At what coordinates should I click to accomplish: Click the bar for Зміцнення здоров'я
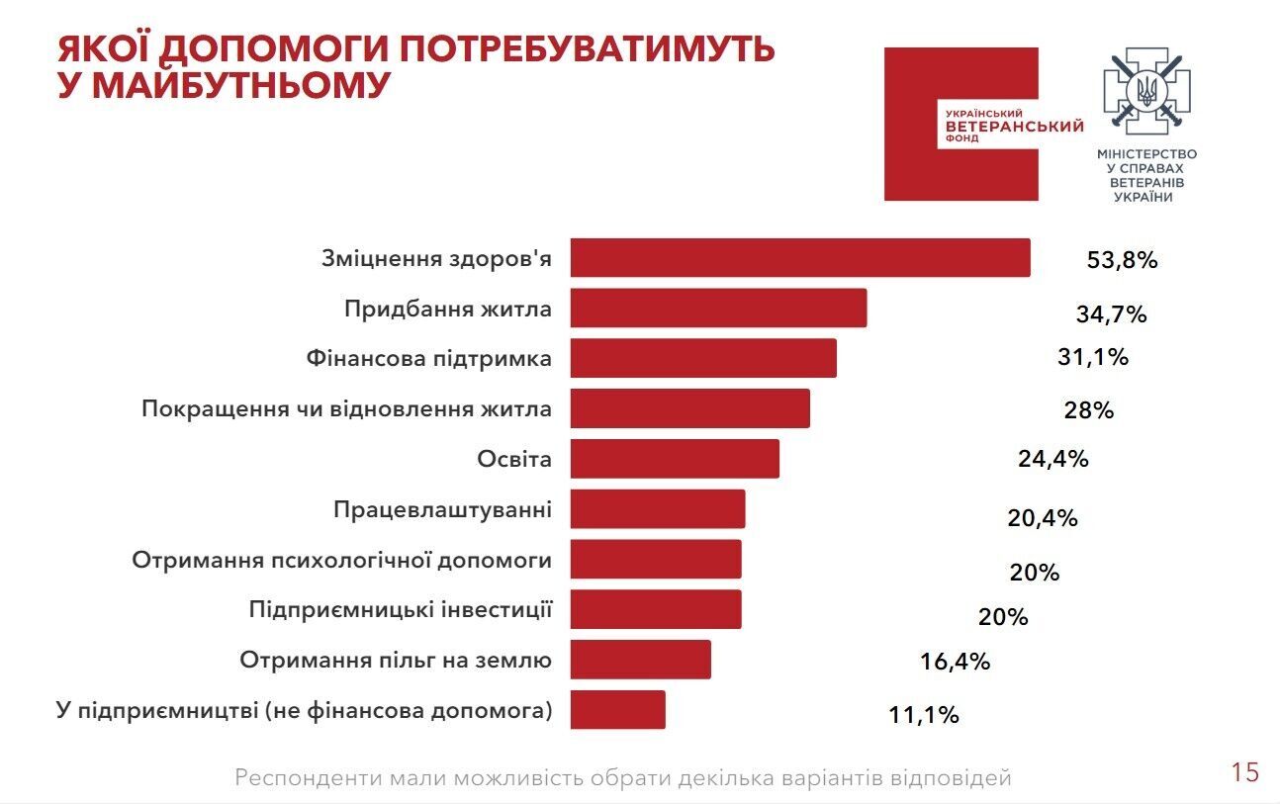coord(800,258)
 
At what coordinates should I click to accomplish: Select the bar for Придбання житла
coord(718,308)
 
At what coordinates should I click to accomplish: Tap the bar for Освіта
coord(675,458)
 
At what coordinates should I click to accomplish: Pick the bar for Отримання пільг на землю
coord(640,659)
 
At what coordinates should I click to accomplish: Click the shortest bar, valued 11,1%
coord(617,709)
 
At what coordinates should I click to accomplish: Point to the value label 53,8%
coord(1121,261)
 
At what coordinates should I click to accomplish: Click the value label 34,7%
coord(1110,314)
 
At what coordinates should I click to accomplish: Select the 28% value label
coord(1088,409)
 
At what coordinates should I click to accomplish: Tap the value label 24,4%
coord(1052,459)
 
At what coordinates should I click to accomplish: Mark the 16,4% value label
coord(955,662)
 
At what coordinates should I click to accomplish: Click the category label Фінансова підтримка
coord(428,358)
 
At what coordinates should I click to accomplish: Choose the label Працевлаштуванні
coord(442,509)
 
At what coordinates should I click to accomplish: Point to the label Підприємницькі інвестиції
coord(400,608)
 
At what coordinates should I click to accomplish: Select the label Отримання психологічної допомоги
coord(341,560)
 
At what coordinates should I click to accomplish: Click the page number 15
coord(1244,772)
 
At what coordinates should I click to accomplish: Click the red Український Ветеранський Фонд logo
coord(960,125)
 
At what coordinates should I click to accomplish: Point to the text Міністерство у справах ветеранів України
coord(1146,176)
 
